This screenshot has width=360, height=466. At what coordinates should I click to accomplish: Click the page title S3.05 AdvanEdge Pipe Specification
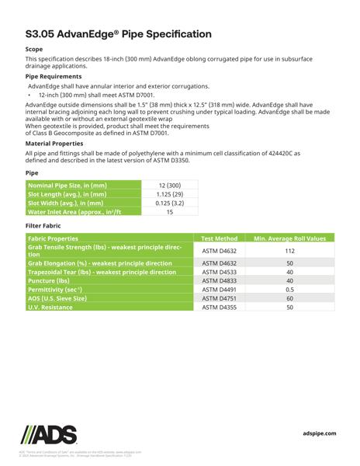[x=118, y=34]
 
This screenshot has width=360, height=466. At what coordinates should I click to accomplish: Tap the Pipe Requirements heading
[x=54, y=76]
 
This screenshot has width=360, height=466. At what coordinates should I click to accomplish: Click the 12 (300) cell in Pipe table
[x=169, y=186]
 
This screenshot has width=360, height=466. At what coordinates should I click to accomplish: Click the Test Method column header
[x=219, y=238]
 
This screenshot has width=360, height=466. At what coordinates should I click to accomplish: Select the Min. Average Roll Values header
[x=289, y=238]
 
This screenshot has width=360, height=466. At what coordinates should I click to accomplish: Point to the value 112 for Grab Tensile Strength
[x=289, y=251]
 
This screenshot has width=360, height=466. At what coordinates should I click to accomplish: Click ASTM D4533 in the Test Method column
[x=219, y=273]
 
